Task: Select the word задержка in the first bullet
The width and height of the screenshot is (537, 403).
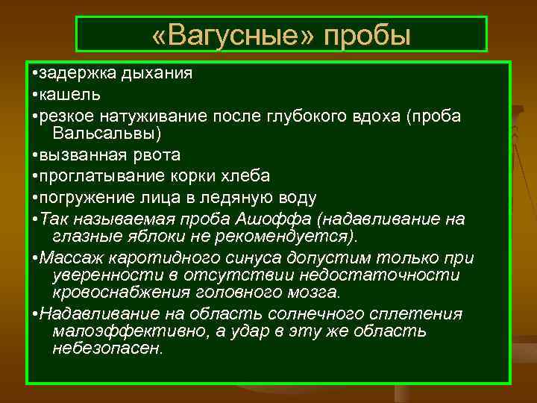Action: (x=75, y=74)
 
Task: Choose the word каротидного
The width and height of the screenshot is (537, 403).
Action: (x=155, y=257)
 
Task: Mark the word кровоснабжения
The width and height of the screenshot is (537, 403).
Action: (x=113, y=293)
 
